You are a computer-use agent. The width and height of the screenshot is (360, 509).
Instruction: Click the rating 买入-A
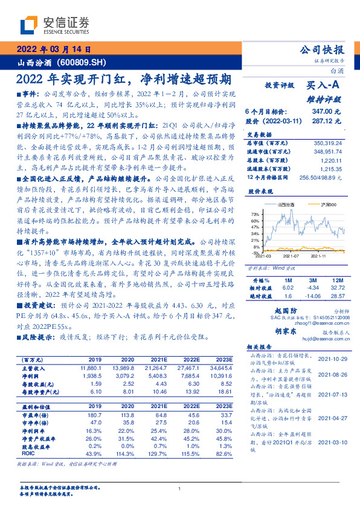tap(324, 87)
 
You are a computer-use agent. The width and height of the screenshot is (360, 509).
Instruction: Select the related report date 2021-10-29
tap(331, 358)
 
